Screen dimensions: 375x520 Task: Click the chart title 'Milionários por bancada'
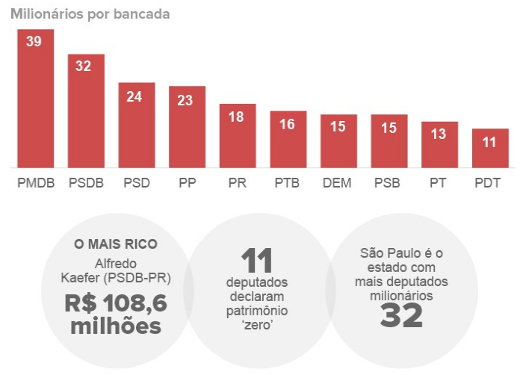pyautogui.click(x=90, y=14)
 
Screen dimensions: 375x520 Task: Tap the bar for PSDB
pyautogui.click(x=86, y=112)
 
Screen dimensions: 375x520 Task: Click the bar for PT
pyautogui.click(x=439, y=145)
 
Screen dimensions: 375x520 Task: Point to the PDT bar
pyautogui.click(x=489, y=149)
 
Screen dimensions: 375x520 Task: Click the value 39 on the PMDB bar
pyautogui.click(x=34, y=41)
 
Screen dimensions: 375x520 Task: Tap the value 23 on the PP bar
pyautogui.click(x=185, y=99)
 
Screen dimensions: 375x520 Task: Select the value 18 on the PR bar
pyautogui.click(x=236, y=117)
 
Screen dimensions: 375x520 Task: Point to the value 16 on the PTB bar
pyautogui.click(x=288, y=124)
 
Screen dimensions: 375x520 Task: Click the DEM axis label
pyautogui.click(x=337, y=183)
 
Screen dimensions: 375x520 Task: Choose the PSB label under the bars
pyautogui.click(x=389, y=183)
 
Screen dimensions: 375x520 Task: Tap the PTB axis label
pyautogui.click(x=287, y=183)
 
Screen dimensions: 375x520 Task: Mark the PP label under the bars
pyautogui.click(x=188, y=183)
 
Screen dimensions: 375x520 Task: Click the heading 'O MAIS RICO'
pyautogui.click(x=116, y=244)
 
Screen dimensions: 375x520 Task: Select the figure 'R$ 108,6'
pyautogui.click(x=116, y=303)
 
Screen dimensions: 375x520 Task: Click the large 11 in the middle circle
pyautogui.click(x=257, y=261)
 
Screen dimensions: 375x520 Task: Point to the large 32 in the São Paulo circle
pyautogui.click(x=401, y=315)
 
